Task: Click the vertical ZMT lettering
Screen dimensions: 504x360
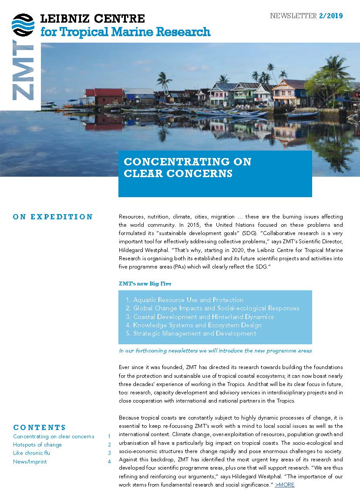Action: click(23, 71)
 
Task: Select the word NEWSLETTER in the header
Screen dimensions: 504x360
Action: click(293, 16)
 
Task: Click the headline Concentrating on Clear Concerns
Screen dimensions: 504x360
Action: click(188, 168)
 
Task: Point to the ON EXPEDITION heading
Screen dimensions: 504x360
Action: click(53, 217)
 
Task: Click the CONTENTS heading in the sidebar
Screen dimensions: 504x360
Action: click(40, 427)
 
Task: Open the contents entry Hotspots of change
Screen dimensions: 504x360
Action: click(37, 445)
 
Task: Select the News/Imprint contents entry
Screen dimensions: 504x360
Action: click(30, 461)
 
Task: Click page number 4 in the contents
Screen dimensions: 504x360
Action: click(109, 461)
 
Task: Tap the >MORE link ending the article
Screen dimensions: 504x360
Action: click(285, 484)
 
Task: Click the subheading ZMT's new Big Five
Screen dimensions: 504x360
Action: click(145, 283)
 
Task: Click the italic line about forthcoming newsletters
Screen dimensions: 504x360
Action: click(215, 350)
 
